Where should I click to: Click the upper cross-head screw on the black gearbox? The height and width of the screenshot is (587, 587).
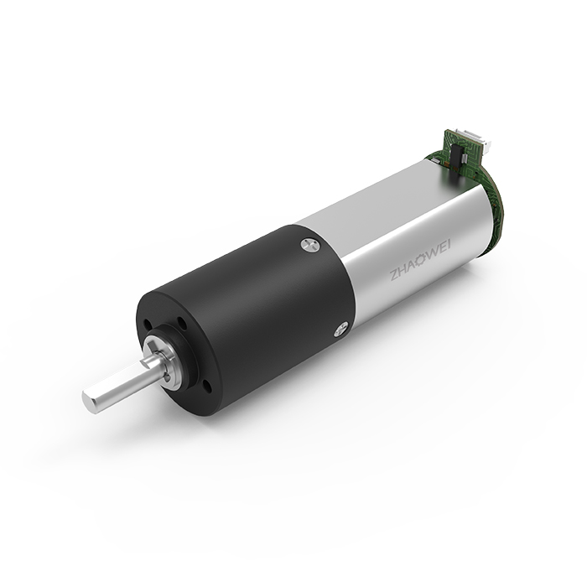pyautogui.click(x=310, y=245)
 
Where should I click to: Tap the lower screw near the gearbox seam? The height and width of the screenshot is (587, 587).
pyautogui.click(x=341, y=330)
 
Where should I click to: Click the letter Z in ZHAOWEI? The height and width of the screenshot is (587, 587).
pyautogui.click(x=394, y=276)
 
